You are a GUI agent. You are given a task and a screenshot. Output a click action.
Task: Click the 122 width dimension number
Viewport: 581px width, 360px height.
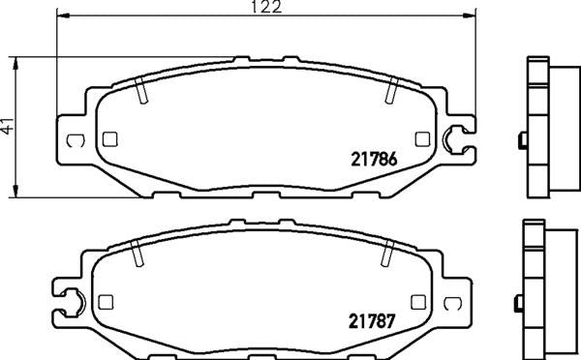click(266, 7)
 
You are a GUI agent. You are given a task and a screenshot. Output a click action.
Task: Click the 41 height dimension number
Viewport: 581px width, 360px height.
click(7, 126)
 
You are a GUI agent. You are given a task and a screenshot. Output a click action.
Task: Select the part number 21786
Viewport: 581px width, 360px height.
click(374, 160)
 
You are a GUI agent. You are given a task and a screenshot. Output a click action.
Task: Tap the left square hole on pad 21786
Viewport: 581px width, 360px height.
click(109, 139)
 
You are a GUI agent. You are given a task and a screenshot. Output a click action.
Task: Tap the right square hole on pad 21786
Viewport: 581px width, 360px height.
click(422, 139)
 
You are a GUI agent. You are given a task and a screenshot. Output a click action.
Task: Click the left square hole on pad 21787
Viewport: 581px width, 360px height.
click(106, 302)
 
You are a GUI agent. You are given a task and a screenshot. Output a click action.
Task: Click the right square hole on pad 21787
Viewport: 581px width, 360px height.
click(418, 302)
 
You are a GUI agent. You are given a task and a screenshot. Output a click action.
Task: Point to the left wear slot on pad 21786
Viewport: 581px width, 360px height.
click(140, 90)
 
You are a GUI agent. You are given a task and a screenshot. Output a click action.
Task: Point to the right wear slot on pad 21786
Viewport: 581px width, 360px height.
click(391, 90)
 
